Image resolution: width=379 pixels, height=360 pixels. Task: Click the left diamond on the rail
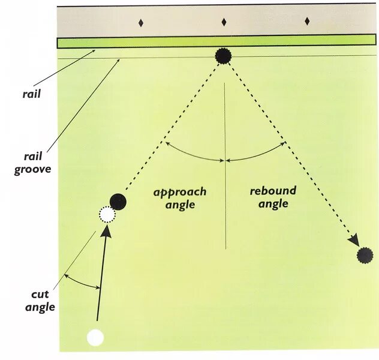tap(141, 23)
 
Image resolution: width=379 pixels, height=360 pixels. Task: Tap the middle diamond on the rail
tap(224, 22)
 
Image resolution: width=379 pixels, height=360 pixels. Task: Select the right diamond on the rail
tap(307, 22)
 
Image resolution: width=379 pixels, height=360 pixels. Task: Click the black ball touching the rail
tap(223, 56)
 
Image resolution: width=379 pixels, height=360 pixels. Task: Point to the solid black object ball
tap(118, 202)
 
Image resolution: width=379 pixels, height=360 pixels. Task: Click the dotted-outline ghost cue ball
tap(107, 214)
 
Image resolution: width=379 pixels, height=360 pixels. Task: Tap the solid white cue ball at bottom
tap(95, 338)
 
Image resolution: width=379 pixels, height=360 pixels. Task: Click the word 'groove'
tap(32, 169)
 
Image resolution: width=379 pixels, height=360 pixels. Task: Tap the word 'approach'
tap(180, 192)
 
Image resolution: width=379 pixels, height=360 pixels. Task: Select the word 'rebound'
tap(273, 191)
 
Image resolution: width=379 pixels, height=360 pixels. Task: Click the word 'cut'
tap(40, 295)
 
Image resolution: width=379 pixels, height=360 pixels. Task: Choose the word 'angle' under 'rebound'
tap(273, 204)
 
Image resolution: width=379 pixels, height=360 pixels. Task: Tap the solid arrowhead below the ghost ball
tap(107, 234)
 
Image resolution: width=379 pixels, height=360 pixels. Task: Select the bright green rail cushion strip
tap(216, 41)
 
